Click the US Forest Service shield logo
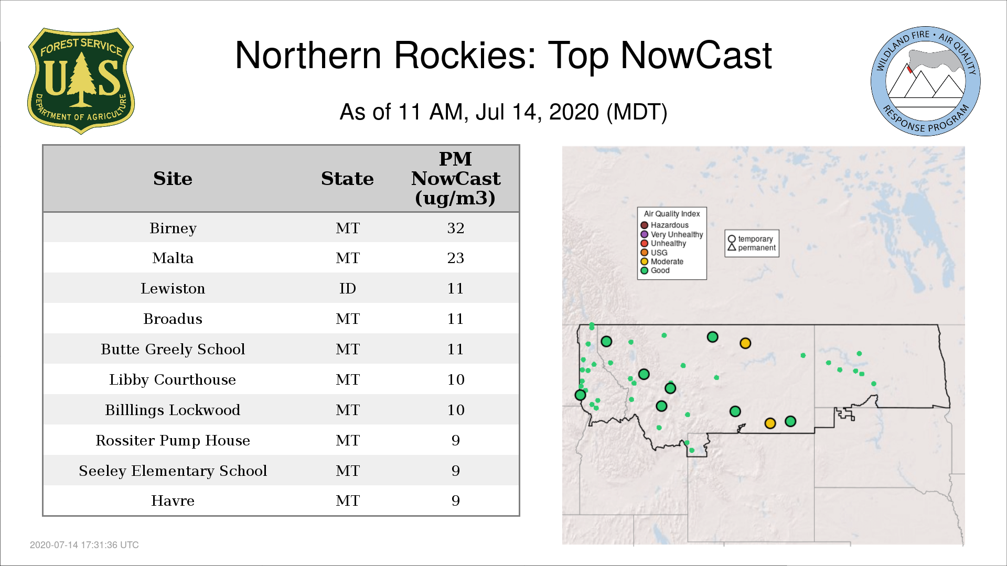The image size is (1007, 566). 81,81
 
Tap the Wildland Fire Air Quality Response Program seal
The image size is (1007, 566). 926,81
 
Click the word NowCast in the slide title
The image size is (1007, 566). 696,55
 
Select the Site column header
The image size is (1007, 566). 173,179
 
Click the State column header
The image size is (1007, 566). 347,179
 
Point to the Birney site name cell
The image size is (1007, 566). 173,228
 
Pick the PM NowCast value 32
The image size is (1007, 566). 455,228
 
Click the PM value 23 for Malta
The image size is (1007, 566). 455,258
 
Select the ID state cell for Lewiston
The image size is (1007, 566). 347,288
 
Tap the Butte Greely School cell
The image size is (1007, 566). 173,350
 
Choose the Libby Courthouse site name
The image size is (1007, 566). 173,380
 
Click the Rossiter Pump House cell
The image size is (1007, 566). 173,441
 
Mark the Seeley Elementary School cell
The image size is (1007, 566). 173,471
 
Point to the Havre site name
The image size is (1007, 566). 173,501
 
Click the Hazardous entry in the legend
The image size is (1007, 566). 665,225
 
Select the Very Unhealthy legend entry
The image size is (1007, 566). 672,235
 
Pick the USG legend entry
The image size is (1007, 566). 654,253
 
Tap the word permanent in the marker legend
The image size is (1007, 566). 757,248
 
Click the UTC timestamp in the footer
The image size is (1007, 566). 84,545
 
